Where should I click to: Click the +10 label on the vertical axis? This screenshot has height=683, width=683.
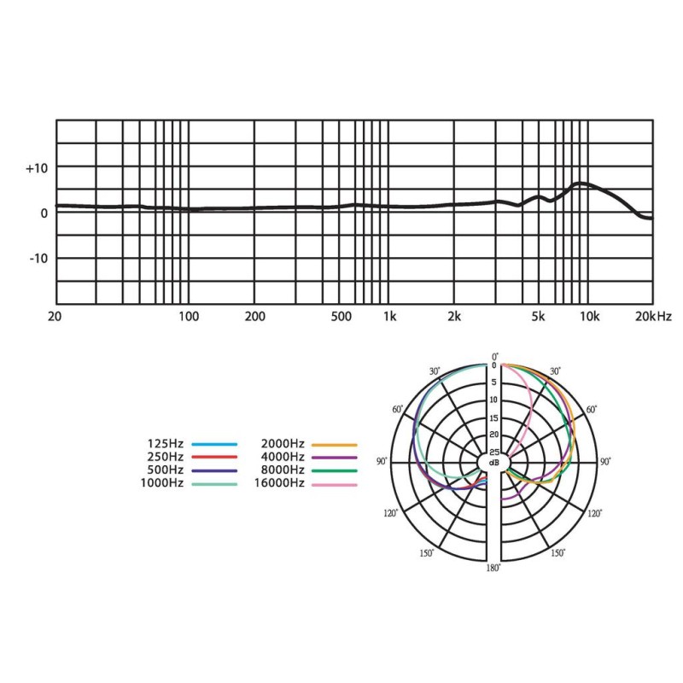37,168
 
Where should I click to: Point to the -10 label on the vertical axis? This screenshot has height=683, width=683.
38,259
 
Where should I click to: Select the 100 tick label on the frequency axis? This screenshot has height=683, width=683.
189,316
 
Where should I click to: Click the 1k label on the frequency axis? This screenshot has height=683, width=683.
390,316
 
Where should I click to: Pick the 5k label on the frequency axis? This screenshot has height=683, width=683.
538,316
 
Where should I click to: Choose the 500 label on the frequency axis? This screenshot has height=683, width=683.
341,316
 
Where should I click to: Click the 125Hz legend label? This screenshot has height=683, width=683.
166,444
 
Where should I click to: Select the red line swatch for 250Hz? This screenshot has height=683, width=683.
214,458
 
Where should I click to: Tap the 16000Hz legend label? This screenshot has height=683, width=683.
279,483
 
